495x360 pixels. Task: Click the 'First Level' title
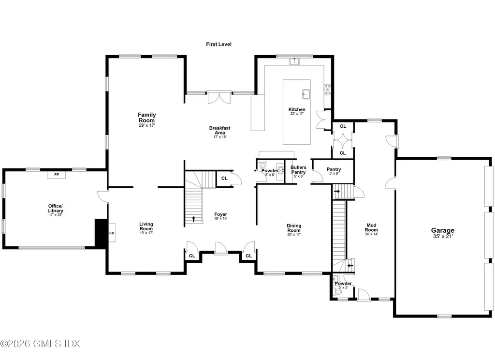click(218, 44)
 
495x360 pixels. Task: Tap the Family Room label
click(147, 120)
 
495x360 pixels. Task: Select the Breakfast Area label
click(220, 132)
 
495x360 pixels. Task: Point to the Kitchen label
click(297, 111)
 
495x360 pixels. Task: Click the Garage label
click(443, 233)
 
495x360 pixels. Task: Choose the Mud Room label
click(371, 229)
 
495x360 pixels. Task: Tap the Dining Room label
click(294, 230)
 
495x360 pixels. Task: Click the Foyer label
click(220, 216)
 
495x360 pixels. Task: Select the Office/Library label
click(55, 210)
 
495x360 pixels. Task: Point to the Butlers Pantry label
click(298, 171)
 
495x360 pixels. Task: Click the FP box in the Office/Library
click(57, 175)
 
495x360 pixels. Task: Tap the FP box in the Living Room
click(112, 233)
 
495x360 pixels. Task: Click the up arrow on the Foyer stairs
click(193, 219)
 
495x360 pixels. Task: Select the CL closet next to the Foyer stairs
click(224, 179)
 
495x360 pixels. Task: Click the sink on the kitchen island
click(306, 94)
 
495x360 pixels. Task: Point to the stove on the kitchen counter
click(327, 90)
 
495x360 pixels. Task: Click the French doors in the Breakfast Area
click(219, 97)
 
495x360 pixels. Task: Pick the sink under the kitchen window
click(294, 61)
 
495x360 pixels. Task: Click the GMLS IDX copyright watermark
click(40, 344)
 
